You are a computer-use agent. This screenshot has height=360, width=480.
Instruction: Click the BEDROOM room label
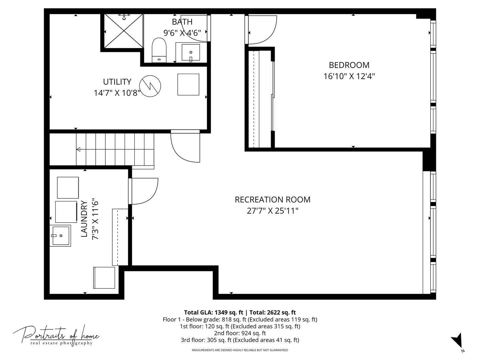point(349,65)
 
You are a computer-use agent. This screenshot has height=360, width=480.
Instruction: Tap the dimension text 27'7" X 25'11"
point(272,211)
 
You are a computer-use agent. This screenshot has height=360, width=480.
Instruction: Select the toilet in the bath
point(159,50)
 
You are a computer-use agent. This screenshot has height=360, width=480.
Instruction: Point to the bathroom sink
point(191,52)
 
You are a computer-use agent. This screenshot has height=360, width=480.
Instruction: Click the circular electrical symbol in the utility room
point(150,86)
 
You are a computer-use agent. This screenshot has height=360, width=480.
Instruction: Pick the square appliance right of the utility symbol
point(188,85)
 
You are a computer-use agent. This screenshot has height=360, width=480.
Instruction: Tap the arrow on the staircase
point(79,149)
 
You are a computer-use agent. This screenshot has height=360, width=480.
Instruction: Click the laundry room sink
point(60,236)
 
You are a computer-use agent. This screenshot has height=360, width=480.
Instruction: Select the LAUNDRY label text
point(84,219)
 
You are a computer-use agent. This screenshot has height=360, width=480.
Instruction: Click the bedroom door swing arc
point(263,30)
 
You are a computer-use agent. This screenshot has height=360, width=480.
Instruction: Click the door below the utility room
point(185,147)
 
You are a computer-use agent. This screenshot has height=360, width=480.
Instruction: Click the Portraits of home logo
point(56,335)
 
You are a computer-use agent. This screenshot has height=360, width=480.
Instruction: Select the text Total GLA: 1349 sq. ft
point(213,313)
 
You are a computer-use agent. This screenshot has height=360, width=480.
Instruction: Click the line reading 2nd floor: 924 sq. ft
point(240,333)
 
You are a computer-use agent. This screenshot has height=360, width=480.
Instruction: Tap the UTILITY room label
point(117,82)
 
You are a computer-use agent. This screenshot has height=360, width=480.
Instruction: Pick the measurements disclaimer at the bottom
point(240,350)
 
